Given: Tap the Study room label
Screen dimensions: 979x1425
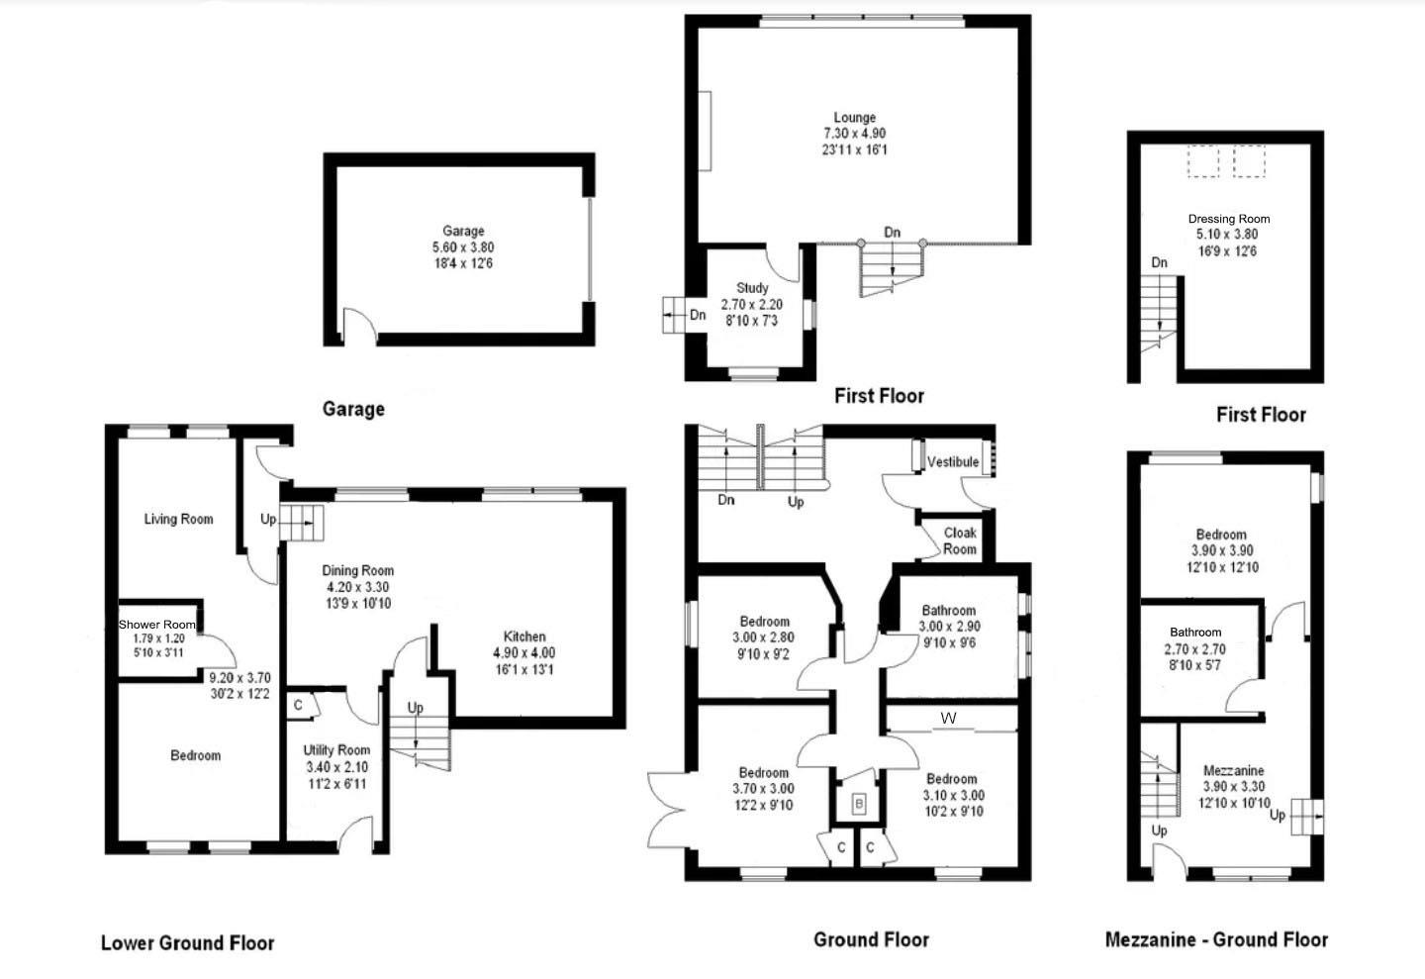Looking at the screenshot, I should click(x=752, y=288).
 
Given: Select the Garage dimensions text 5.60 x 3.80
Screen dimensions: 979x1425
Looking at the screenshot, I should click(x=463, y=247).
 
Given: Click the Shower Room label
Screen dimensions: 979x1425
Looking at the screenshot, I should click(x=157, y=625).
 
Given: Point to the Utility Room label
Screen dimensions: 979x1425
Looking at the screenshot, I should click(x=336, y=750).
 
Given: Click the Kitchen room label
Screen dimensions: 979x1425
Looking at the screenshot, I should click(x=524, y=636).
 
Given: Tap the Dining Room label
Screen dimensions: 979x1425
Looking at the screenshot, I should click(x=357, y=570).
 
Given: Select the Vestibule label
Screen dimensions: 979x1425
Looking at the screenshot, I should click(x=953, y=462).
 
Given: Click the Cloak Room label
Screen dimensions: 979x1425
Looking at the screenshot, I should click(x=959, y=540).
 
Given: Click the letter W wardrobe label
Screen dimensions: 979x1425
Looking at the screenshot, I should click(x=948, y=719).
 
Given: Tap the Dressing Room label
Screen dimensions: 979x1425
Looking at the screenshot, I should click(x=1228, y=219).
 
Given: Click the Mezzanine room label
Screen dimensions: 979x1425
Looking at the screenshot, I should click(x=1233, y=771).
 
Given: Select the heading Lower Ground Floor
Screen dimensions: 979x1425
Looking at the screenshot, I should click(x=187, y=942).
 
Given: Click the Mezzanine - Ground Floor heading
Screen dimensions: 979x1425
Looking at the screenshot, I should click(x=1216, y=939).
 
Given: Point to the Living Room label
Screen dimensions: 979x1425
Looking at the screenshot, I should click(x=178, y=519).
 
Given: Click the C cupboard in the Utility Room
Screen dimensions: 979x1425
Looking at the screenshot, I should click(x=298, y=706).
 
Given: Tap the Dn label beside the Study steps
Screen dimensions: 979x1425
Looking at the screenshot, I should click(x=698, y=316).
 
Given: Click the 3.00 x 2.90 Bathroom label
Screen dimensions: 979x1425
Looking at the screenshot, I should click(x=948, y=611).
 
